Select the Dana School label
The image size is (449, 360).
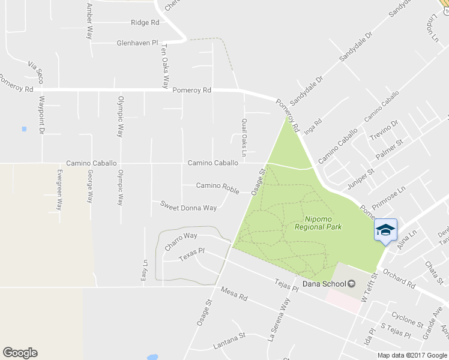(x=323, y=284)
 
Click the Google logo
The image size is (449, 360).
(x=20, y=353)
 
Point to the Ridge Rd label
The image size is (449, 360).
(x=145, y=22)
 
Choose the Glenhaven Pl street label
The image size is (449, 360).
(x=137, y=43)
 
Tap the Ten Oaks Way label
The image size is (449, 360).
(x=164, y=67)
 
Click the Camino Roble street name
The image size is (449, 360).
(x=217, y=185)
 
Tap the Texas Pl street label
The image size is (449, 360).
(x=192, y=257)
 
